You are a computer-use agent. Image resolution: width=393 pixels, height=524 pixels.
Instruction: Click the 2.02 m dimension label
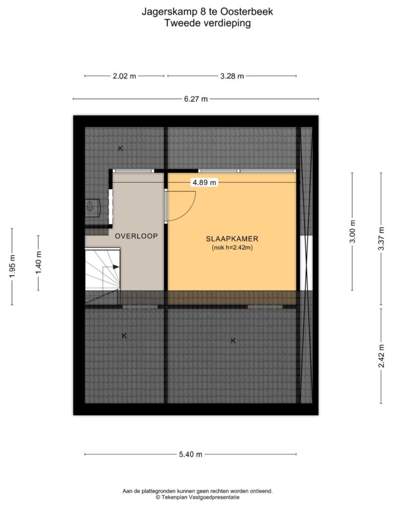tap(124, 76)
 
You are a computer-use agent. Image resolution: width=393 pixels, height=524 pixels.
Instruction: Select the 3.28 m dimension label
tap(232, 76)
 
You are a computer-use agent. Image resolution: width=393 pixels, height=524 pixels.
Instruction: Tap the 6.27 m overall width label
tap(196, 99)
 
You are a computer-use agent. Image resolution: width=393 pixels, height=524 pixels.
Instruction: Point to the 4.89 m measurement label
tap(204, 183)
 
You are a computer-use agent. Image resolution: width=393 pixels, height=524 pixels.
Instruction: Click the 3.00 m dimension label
tap(353, 232)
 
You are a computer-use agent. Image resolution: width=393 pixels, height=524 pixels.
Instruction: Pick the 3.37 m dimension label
tap(381, 238)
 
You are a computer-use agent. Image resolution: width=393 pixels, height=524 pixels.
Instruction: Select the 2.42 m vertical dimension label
tap(381, 356)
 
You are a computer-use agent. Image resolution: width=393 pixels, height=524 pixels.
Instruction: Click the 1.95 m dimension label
tap(12, 266)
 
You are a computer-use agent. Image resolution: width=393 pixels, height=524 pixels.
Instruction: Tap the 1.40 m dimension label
tap(38, 263)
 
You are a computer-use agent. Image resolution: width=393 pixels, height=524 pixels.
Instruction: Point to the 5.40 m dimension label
tap(190, 454)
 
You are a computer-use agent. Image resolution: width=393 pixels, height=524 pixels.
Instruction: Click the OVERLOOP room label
tap(136, 236)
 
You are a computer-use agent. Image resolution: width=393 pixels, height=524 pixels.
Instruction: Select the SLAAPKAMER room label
tap(232, 239)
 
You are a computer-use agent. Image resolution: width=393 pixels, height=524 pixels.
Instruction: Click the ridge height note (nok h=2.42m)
tap(232, 248)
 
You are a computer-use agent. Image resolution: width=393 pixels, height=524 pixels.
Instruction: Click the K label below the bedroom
tap(233, 341)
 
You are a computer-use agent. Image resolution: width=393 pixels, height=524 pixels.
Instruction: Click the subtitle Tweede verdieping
tap(208, 23)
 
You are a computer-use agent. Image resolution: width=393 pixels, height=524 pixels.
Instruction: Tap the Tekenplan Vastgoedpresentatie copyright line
tap(198, 497)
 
